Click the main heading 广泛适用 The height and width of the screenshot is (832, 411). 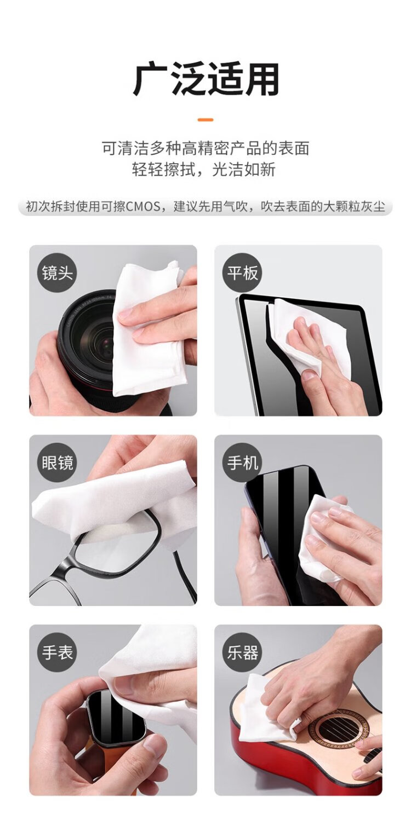pyautogui.click(x=206, y=79)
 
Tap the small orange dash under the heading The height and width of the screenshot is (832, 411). pyautogui.click(x=206, y=120)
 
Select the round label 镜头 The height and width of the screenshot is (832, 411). pyautogui.click(x=57, y=273)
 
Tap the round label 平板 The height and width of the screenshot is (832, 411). pyautogui.click(x=243, y=273)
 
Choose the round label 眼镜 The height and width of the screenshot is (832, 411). pyautogui.click(x=57, y=463)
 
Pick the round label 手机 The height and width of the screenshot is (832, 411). pyautogui.click(x=243, y=463)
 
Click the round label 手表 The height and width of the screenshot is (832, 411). pyautogui.click(x=57, y=652)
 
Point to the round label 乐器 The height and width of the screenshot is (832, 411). pyautogui.click(x=243, y=652)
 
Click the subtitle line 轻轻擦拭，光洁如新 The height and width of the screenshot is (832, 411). pyautogui.click(x=204, y=169)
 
